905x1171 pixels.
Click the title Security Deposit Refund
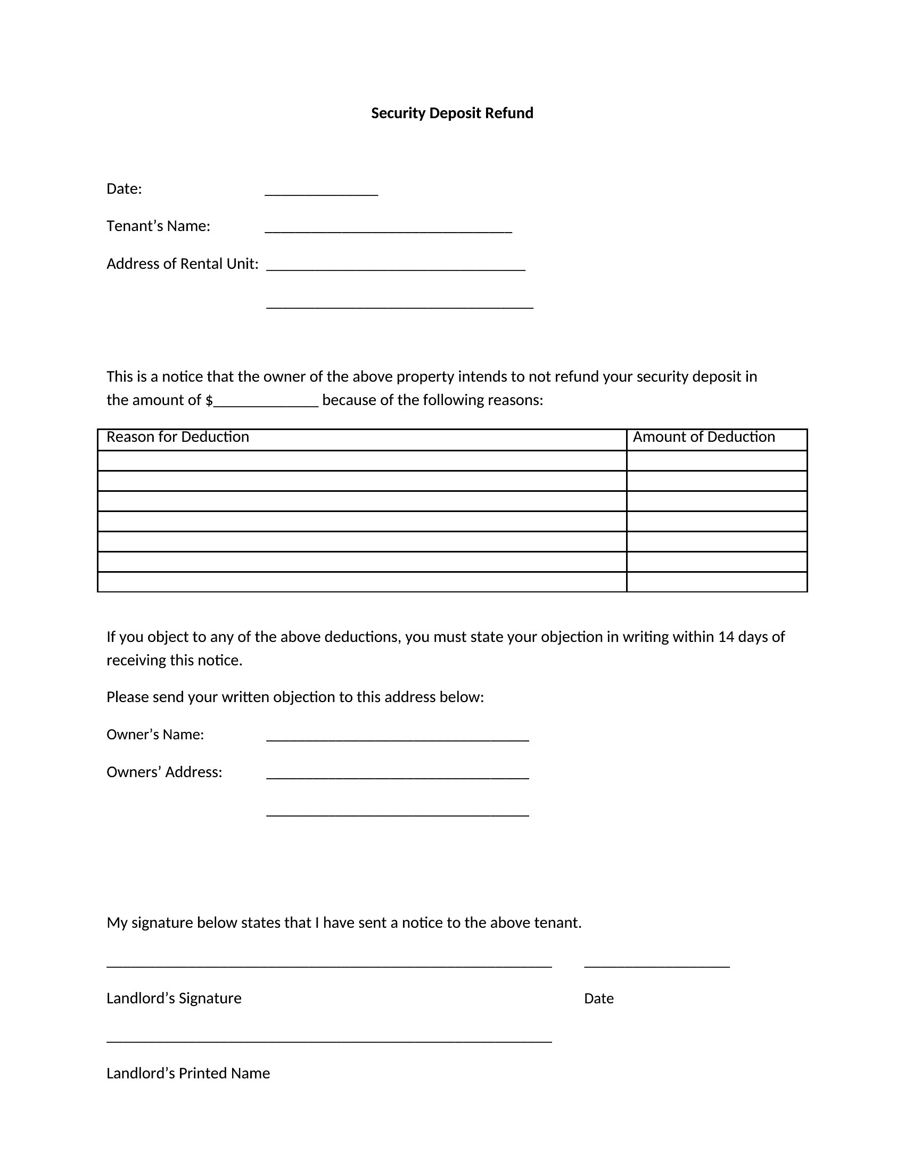coord(452,113)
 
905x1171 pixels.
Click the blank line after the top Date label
coord(321,193)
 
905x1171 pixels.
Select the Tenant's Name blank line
coord(388,229)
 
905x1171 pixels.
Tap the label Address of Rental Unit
coord(182,264)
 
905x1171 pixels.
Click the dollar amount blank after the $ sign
coord(266,403)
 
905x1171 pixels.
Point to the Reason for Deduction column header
coord(177,437)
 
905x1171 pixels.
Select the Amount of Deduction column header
coord(703,437)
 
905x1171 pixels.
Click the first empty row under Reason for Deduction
coord(362,460)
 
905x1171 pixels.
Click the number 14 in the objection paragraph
coord(726,637)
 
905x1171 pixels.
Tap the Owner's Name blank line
coord(397,738)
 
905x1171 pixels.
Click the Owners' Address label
coord(164,772)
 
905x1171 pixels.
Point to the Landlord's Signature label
coord(174,999)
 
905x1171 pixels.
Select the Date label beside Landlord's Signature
coord(598,999)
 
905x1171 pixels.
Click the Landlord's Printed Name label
coord(188,1074)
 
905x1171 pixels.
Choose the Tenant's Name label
coord(158,226)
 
